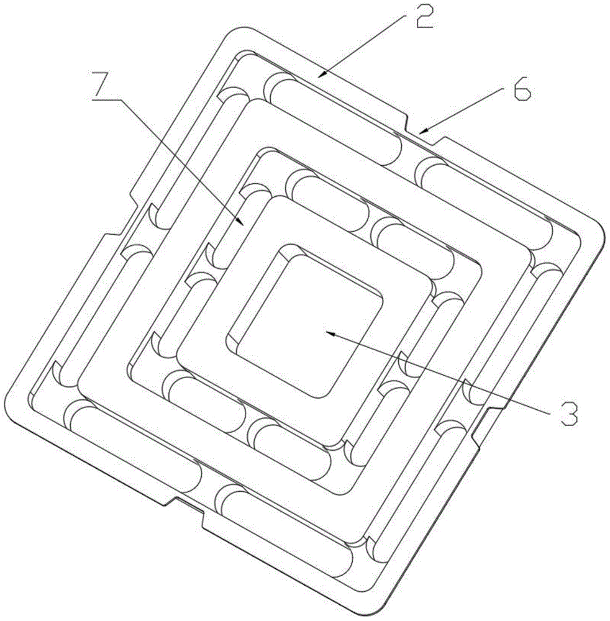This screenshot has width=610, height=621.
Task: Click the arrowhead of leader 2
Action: tap(322, 74)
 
